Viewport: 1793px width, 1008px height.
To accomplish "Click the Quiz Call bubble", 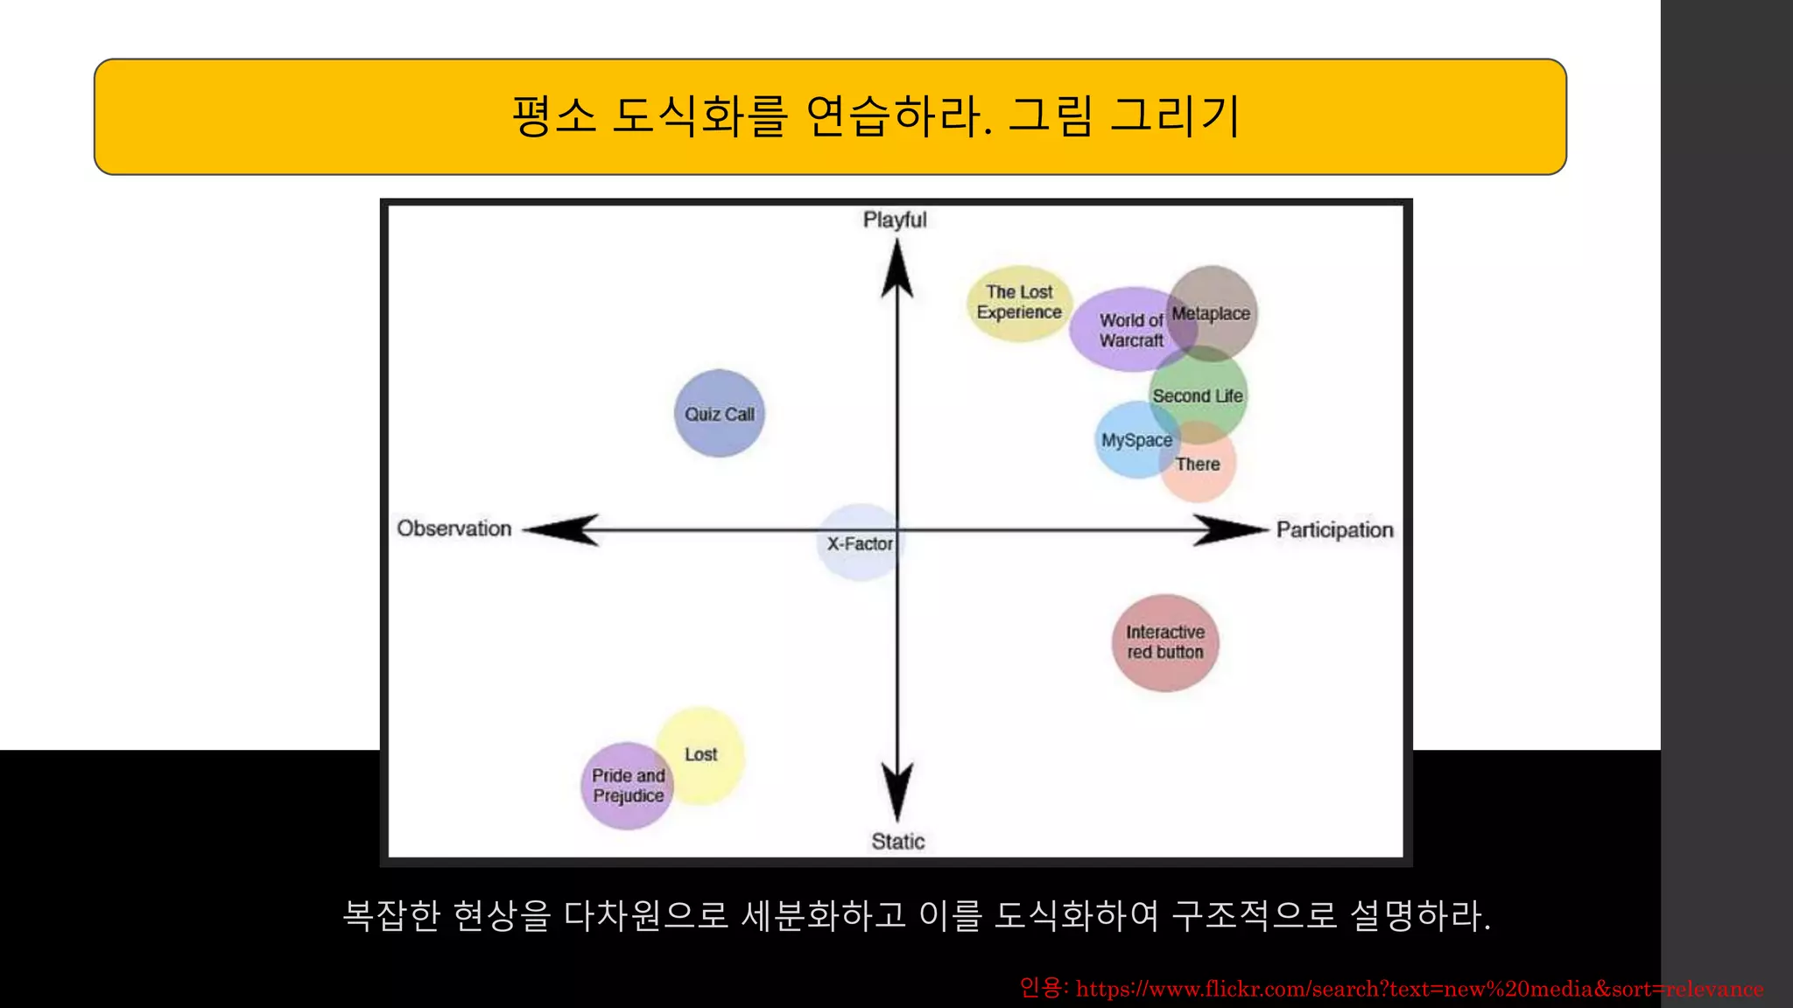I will [719, 414].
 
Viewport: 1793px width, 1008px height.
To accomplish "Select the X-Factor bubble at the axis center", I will [860, 543].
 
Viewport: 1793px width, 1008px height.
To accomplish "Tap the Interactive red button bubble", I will [1164, 642].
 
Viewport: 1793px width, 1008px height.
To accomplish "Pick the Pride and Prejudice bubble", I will [627, 786].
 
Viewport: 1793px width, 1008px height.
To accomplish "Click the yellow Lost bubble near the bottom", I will [702, 753].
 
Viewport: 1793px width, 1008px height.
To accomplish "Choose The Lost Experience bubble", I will [1019, 302].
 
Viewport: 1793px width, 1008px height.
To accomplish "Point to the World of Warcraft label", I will [1130, 331].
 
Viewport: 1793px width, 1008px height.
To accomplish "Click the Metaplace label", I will [1211, 313].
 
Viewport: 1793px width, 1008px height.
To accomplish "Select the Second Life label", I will [1197, 396].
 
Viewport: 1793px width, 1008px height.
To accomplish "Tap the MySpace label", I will [1136, 440].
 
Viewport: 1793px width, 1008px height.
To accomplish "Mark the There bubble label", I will [1198, 465].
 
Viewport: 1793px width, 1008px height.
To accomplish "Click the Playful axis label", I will [895, 220].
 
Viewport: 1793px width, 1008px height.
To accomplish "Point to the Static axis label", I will [897, 842].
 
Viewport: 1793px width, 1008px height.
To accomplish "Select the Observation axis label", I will [454, 528].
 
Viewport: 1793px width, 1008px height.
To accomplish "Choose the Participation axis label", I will [1334, 530].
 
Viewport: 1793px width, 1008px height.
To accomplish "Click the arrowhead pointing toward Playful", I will [896, 267].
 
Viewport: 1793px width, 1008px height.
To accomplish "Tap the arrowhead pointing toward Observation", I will [560, 529].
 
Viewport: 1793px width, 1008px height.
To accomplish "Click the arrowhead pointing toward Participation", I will [1230, 529].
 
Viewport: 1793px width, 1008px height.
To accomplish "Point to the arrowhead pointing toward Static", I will [896, 792].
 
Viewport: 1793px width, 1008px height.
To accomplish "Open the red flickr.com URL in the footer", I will [1418, 989].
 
